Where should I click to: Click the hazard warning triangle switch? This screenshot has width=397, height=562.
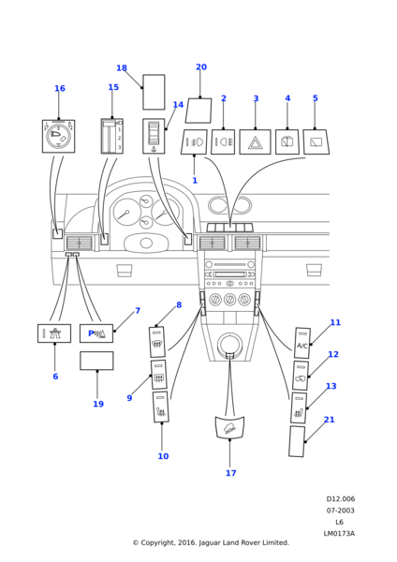[255, 142]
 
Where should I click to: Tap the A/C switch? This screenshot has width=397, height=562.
[302, 343]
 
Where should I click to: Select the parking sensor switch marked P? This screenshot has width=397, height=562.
[96, 333]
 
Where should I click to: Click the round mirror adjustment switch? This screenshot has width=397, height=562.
[58, 136]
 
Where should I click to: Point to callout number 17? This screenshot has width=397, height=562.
[230, 473]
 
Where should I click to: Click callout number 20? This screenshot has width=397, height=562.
[201, 67]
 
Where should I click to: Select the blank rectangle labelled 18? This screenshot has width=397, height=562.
[154, 92]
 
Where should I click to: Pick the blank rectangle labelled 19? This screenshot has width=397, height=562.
[96, 361]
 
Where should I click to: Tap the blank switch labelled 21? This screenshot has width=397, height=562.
[297, 441]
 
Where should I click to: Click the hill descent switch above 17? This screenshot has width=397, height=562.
[229, 427]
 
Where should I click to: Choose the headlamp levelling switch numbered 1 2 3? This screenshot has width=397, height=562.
[112, 136]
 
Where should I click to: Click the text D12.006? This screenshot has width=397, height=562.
[341, 499]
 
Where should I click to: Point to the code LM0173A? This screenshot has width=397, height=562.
[339, 533]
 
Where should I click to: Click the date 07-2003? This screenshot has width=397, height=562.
[340, 510]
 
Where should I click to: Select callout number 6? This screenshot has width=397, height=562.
[55, 377]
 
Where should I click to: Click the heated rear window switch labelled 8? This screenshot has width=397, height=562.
[157, 342]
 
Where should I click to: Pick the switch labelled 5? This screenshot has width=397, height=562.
[316, 142]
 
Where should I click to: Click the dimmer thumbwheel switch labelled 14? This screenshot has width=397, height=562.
[154, 136]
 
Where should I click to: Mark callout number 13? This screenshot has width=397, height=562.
[331, 386]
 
